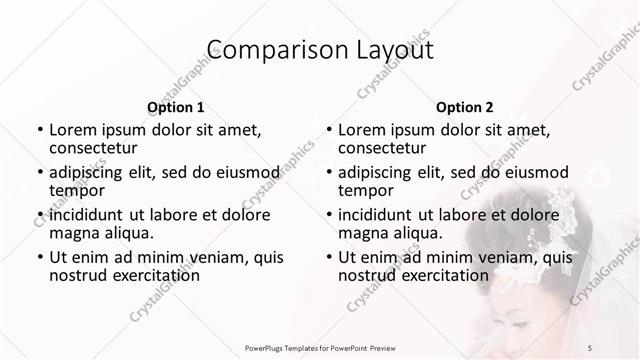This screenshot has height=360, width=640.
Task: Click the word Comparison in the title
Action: tap(262, 51)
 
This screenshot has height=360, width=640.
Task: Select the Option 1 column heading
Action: tap(176, 107)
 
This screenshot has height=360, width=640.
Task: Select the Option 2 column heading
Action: tap(465, 107)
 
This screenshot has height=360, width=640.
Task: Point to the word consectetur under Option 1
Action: tap(95, 149)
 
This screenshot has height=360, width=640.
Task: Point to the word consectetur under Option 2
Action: tap(384, 149)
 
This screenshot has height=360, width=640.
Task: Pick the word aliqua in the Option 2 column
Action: tap(412, 234)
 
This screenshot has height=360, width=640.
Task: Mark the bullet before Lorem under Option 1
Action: tap(38, 129)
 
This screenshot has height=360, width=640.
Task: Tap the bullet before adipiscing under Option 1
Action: tap(38, 171)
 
